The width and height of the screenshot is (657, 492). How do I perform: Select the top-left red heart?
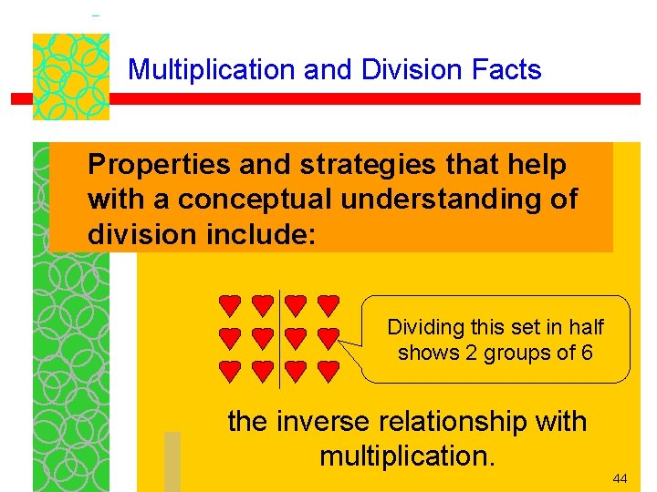229,303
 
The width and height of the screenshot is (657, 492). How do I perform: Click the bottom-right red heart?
328,370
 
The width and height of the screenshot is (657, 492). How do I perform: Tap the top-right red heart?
328,303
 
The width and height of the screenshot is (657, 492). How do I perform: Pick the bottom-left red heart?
229,370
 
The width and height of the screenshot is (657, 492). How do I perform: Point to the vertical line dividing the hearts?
278,337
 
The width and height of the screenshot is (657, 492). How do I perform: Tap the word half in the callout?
586,326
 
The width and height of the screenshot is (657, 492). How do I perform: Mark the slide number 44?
620,478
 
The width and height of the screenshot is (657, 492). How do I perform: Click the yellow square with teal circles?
71,77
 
